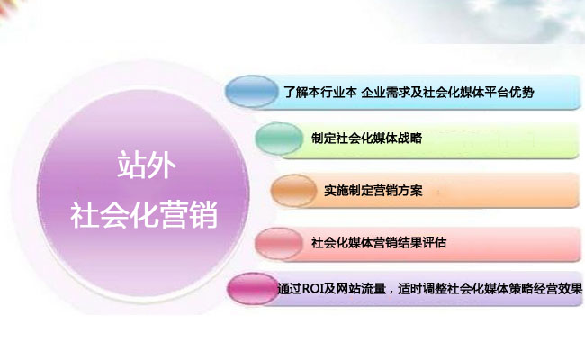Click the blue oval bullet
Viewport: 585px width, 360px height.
[x=252, y=92]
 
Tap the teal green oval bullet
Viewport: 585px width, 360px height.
[x=279, y=139]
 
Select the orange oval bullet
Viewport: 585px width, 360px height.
[x=294, y=191]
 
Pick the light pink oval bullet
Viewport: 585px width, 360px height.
[x=279, y=243]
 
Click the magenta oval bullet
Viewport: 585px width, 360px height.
[x=253, y=289]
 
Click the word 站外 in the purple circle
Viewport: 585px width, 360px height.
[x=146, y=166]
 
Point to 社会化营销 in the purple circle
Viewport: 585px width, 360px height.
[x=144, y=215]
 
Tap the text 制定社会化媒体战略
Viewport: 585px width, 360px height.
[x=366, y=139]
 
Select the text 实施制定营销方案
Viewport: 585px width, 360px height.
[x=373, y=191]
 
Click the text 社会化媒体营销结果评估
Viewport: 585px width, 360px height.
[x=379, y=243]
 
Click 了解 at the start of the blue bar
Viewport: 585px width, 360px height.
[x=296, y=92]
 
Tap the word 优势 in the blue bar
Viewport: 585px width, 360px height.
[x=522, y=92]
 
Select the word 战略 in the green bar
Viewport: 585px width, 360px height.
[x=409, y=139]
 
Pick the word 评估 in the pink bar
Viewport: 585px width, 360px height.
[x=435, y=243]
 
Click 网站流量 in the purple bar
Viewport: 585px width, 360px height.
[x=361, y=288]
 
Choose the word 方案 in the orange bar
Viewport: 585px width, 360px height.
[x=410, y=191]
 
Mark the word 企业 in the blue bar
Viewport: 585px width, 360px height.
[x=373, y=92]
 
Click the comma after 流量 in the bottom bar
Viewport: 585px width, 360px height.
[x=391, y=292]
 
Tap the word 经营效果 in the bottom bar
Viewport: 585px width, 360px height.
[x=558, y=288]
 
